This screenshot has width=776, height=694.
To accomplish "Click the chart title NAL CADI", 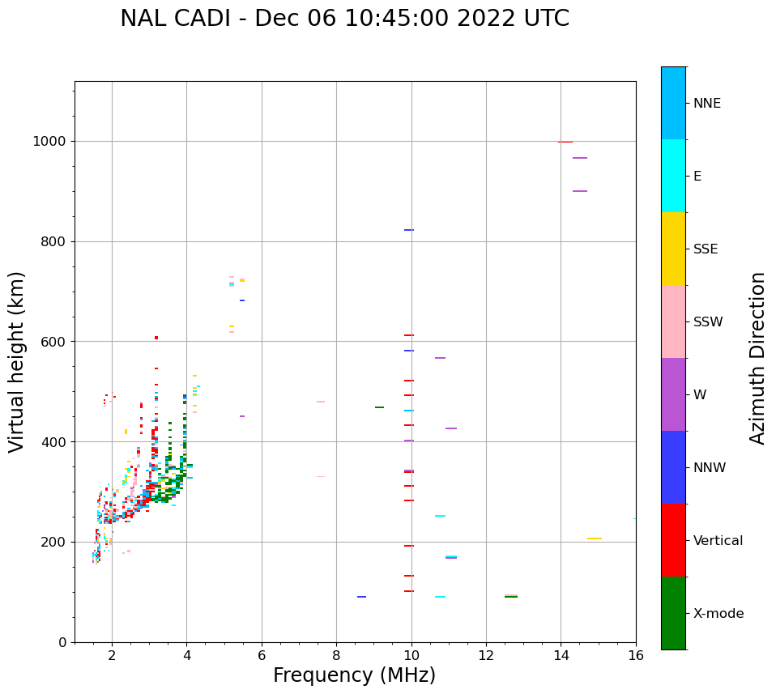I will tap(344, 19).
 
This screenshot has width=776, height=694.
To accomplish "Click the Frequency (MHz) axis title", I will tap(354, 675).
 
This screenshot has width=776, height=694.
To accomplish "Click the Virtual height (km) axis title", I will tap(17, 361).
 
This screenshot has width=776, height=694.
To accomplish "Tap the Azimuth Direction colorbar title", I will tap(757, 358).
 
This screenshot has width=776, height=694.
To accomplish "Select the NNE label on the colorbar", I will tap(706, 104).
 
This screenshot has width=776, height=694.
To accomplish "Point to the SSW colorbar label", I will tap(708, 322).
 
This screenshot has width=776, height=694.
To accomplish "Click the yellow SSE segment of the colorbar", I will tap(673, 249).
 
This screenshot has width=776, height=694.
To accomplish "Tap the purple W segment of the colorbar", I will tap(673, 394).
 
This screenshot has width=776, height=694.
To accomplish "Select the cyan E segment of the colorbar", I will tap(673, 176).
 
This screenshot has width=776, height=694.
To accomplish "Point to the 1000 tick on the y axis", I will tap(50, 142).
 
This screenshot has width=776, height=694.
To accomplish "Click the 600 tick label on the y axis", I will tap(53, 342).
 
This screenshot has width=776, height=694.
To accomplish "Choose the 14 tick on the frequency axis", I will tap(561, 654).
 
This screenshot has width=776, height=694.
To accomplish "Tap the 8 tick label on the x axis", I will tap(336, 654).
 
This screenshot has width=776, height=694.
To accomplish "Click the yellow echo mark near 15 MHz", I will tap(595, 539).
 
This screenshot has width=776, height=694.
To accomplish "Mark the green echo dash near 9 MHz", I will tap(379, 407).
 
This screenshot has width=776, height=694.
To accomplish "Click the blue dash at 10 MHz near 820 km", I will tap(409, 230).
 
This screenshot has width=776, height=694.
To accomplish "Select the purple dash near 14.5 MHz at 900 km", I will tap(580, 191).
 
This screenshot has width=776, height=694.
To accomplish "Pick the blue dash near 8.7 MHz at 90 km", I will tap(361, 597).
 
